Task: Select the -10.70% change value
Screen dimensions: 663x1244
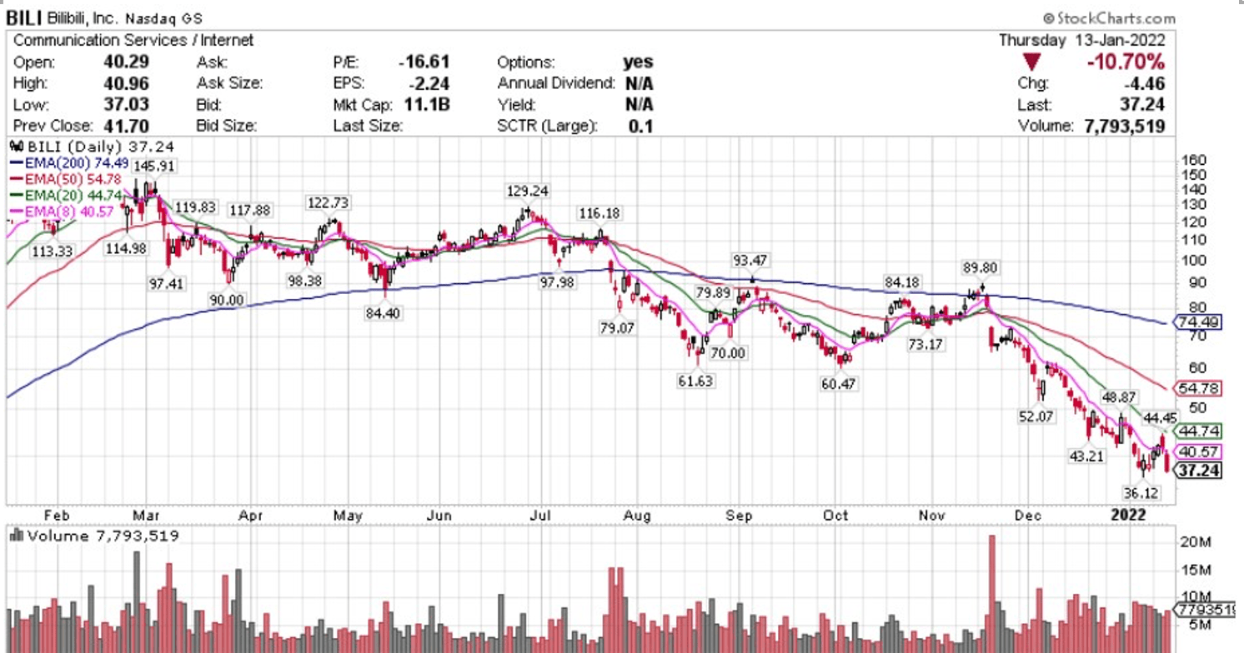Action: click(x=1126, y=62)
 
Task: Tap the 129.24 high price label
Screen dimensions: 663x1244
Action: click(x=527, y=192)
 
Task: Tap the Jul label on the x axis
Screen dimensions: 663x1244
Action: click(x=542, y=516)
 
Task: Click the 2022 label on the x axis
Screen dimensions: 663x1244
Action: click(x=1128, y=516)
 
